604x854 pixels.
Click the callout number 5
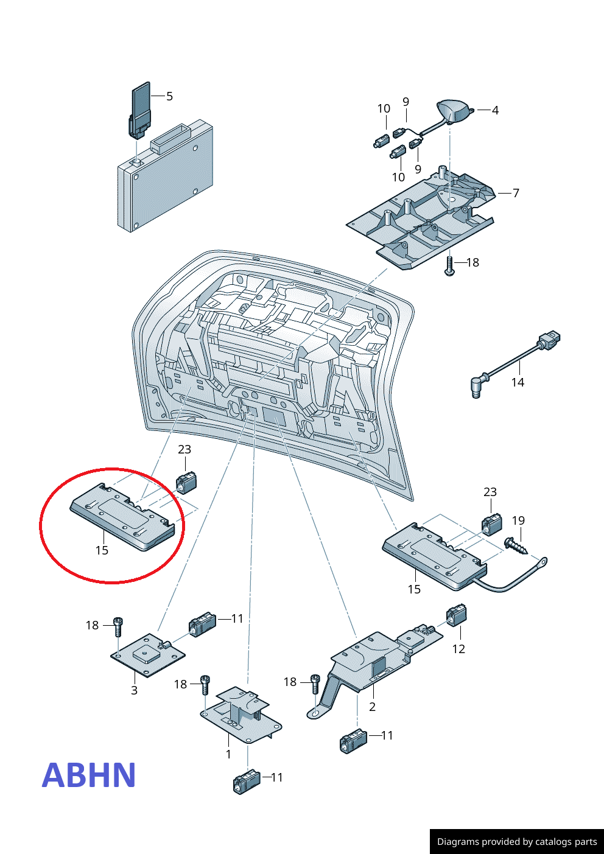169,96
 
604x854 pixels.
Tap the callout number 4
495,110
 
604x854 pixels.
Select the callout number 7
516,193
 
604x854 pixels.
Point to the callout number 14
518,382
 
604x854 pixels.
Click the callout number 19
518,520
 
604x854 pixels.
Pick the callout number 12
458,649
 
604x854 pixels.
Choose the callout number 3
134,690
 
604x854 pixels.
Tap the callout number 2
372,707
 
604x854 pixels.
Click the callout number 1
228,754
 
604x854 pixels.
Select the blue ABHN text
89,775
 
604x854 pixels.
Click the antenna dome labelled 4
454,110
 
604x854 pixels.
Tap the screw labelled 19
516,545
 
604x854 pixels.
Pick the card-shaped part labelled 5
141,103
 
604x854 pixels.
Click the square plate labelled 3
147,654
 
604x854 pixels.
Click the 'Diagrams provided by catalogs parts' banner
517,842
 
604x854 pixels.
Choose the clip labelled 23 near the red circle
186,481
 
